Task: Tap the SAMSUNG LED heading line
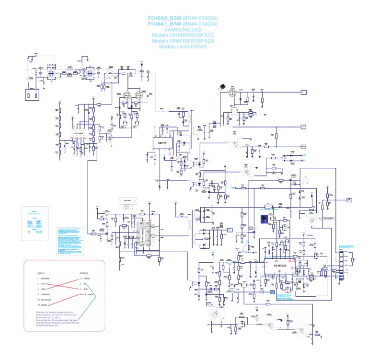coord(183,29)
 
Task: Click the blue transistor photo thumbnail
coord(264,220)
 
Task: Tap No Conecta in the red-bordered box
coord(51,300)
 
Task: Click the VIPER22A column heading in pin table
coord(84,273)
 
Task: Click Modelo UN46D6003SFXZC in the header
coord(183,35)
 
